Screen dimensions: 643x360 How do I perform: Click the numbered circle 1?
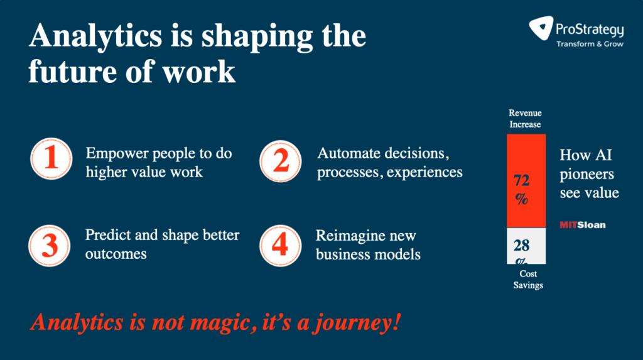[x=51, y=159]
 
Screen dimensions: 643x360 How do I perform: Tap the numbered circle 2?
[x=281, y=161]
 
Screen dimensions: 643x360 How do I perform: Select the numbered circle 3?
[x=50, y=246]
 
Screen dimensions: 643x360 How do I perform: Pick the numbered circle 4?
[x=281, y=246]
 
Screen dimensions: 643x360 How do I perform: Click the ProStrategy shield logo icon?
[x=541, y=28]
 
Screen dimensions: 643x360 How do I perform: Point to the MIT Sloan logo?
[x=583, y=225]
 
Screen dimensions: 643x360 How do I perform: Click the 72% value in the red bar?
[x=522, y=189]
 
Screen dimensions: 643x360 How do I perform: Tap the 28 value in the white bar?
[x=522, y=246]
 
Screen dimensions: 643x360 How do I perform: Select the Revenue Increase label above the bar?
[x=526, y=119]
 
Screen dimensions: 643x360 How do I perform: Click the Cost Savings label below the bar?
[x=528, y=279]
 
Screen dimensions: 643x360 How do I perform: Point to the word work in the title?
[x=199, y=72]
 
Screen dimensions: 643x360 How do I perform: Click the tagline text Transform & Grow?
[x=590, y=44]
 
